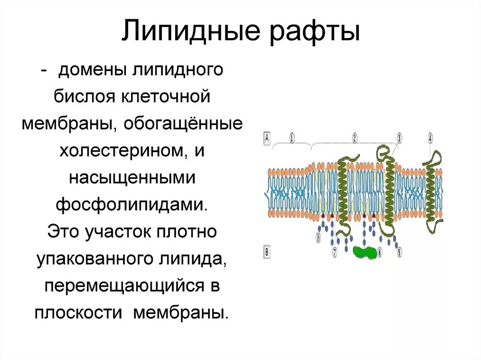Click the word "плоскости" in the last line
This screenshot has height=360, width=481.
[x=79, y=313]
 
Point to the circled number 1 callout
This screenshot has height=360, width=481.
[x=292, y=138]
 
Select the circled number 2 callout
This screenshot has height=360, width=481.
[x=355, y=138]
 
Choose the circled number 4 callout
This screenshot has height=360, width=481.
[x=430, y=138]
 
